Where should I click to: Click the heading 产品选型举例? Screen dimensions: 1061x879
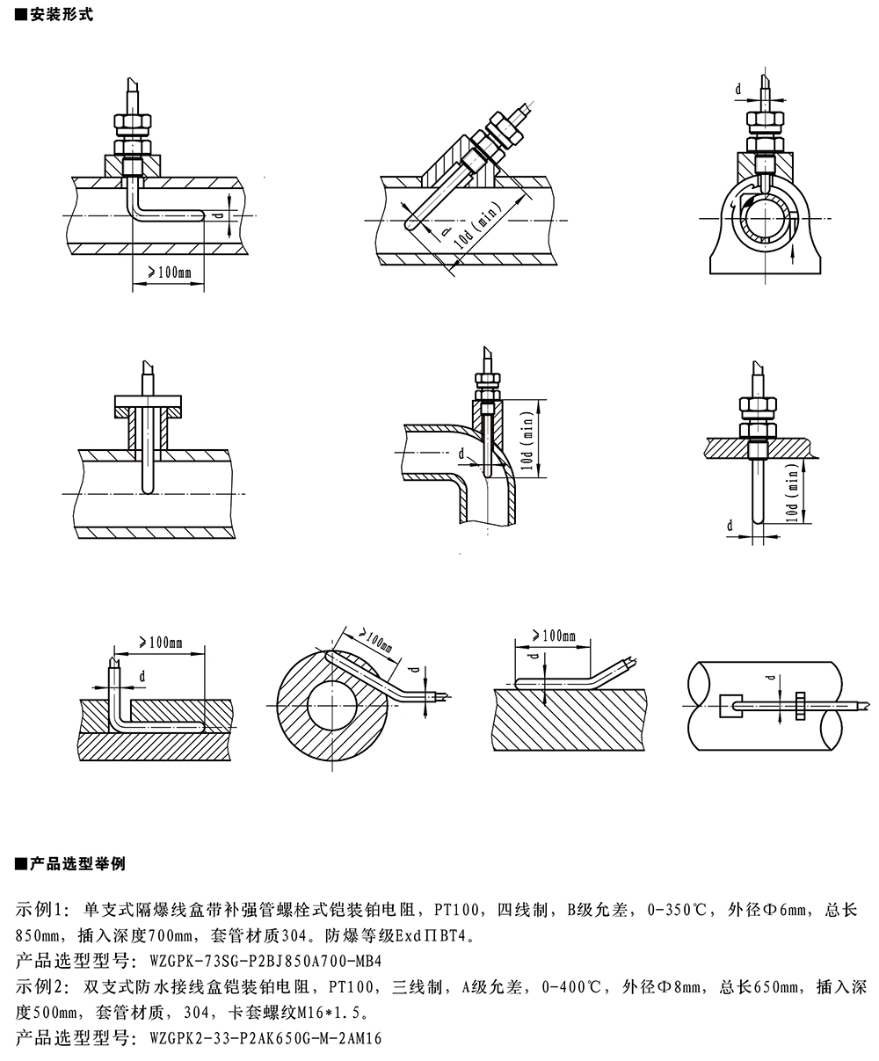pyautogui.click(x=76, y=864)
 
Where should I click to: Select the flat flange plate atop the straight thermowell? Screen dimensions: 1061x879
pyautogui.click(x=149, y=406)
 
